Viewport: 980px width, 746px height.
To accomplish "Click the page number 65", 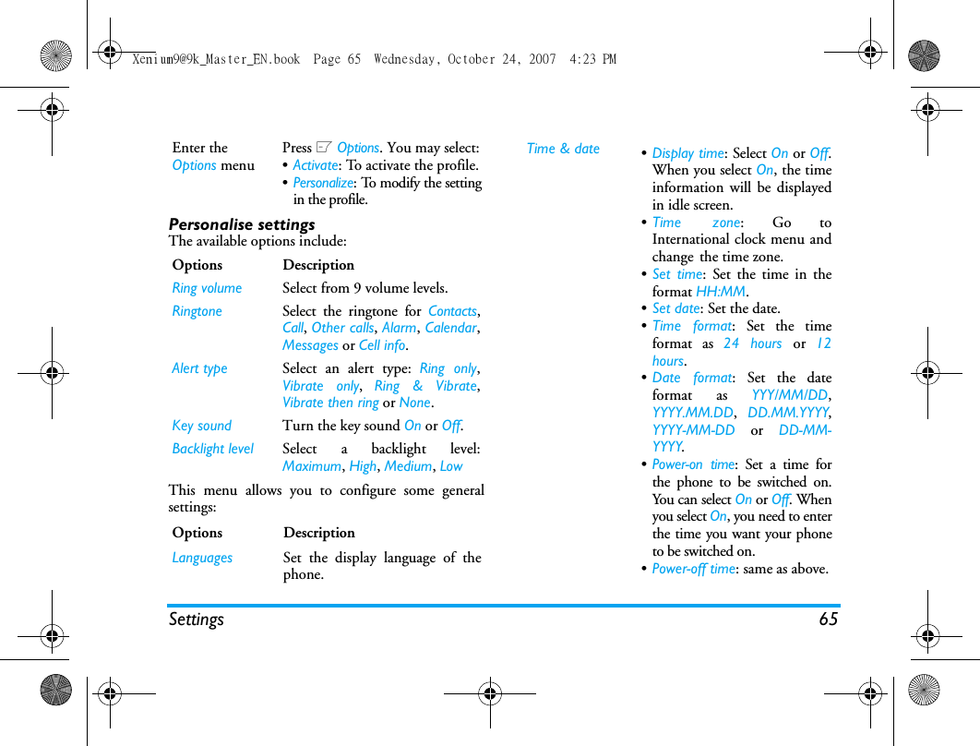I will (828, 620).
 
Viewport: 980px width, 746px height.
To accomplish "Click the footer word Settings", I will (197, 620).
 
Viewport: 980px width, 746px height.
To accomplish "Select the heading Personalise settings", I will (242, 224).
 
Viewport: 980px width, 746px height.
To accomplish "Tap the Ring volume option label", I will (207, 288).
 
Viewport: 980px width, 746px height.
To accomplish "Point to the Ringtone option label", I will (197, 311).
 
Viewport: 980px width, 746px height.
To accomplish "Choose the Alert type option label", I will (199, 368).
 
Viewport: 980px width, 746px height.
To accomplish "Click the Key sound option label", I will (201, 426).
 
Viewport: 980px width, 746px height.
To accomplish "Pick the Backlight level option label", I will (212, 449).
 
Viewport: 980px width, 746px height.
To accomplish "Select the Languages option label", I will (202, 558).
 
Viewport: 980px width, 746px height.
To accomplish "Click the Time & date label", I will (563, 149).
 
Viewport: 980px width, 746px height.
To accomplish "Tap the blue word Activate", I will (315, 165).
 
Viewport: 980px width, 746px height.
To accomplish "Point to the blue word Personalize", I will (323, 183).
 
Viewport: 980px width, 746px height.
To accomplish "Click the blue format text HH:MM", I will (721, 292).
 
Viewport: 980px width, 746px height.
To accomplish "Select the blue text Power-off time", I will (694, 569).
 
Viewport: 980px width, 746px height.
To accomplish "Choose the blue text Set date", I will (675, 309).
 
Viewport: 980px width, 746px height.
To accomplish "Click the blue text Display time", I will (687, 153).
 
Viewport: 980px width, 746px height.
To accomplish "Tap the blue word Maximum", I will (312, 466).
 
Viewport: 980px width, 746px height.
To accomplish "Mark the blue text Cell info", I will (382, 345).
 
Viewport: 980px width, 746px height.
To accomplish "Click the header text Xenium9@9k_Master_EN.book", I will (216, 59).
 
